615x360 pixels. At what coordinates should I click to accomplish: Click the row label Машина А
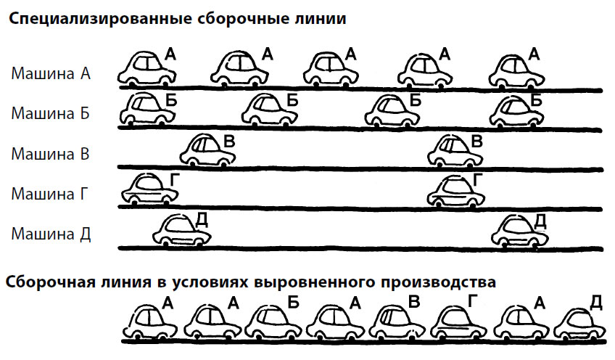[x=51, y=73]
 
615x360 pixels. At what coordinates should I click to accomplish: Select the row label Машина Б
[x=50, y=113]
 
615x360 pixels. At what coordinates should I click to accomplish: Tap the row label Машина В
[x=50, y=153]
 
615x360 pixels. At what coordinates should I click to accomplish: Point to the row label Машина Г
[x=49, y=194]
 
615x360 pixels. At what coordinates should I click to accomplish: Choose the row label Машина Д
[x=51, y=234]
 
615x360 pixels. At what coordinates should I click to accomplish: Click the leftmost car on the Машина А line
[x=146, y=68]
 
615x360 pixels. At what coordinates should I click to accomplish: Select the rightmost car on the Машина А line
[x=517, y=70]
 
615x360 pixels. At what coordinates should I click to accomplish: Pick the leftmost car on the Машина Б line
[x=147, y=109]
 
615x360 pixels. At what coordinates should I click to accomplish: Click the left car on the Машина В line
[x=207, y=150]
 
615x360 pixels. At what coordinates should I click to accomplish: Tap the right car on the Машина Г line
[x=455, y=190]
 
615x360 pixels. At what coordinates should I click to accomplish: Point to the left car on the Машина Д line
[x=181, y=231]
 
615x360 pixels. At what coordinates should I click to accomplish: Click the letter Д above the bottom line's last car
[x=595, y=303]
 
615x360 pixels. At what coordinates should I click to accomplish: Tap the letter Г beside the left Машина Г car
[x=175, y=179]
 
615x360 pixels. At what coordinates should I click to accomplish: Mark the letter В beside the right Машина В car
[x=476, y=141]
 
